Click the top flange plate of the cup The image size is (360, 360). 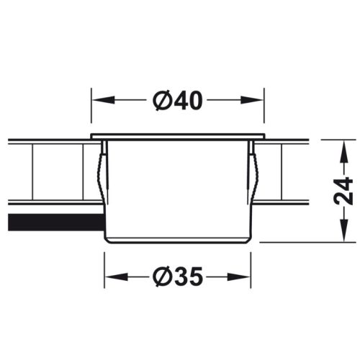coord(178,137)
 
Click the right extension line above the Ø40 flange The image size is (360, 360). coord(266,112)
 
